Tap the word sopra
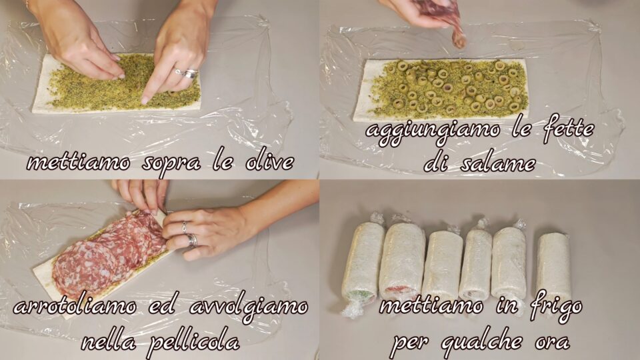tap(171, 164)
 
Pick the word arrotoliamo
tap(74, 307)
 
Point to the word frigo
tap(556, 307)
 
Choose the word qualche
tap(482, 341)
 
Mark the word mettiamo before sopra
tap(79, 163)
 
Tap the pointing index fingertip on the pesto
tap(145, 100)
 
